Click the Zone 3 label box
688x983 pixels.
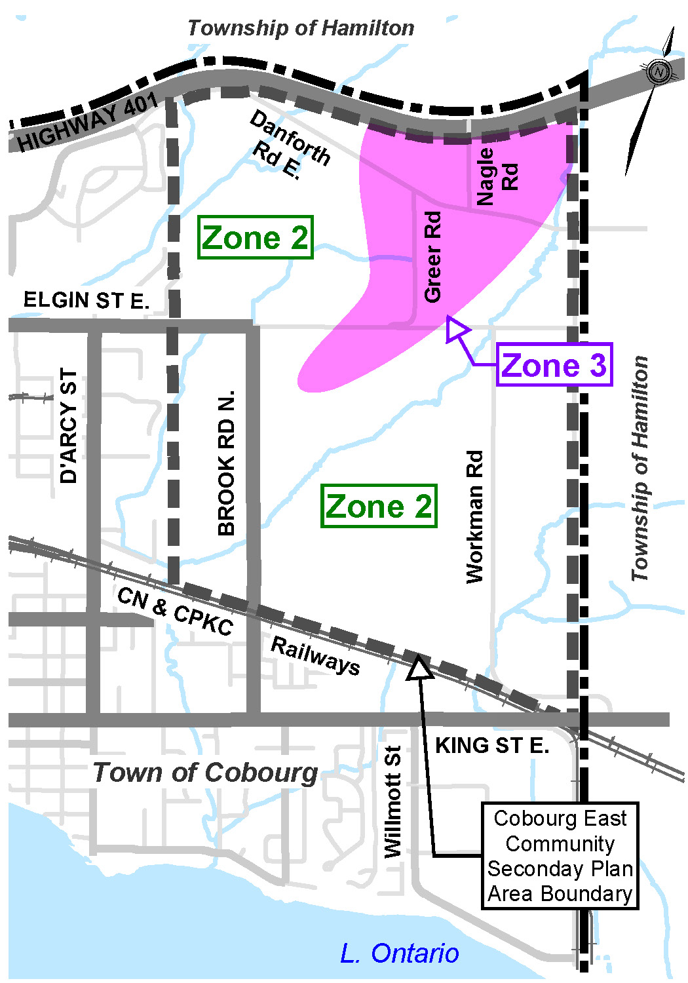tap(554, 365)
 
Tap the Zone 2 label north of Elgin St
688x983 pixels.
tap(255, 237)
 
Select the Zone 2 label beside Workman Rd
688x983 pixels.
tap(379, 506)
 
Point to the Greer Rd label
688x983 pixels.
tap(433, 257)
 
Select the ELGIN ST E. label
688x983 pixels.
tap(86, 300)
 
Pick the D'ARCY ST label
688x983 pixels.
tap(69, 426)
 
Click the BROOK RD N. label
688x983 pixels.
tap(226, 463)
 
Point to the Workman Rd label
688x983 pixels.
tap(474, 516)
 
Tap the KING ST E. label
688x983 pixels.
tap(492, 746)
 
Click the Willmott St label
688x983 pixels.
tap(392, 801)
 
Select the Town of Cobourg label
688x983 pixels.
tap(205, 773)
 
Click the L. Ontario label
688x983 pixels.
tap(400, 954)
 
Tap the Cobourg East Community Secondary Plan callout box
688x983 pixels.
tap(560, 856)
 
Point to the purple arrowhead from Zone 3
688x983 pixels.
tap(456, 329)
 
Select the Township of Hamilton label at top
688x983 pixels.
tap(301, 28)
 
